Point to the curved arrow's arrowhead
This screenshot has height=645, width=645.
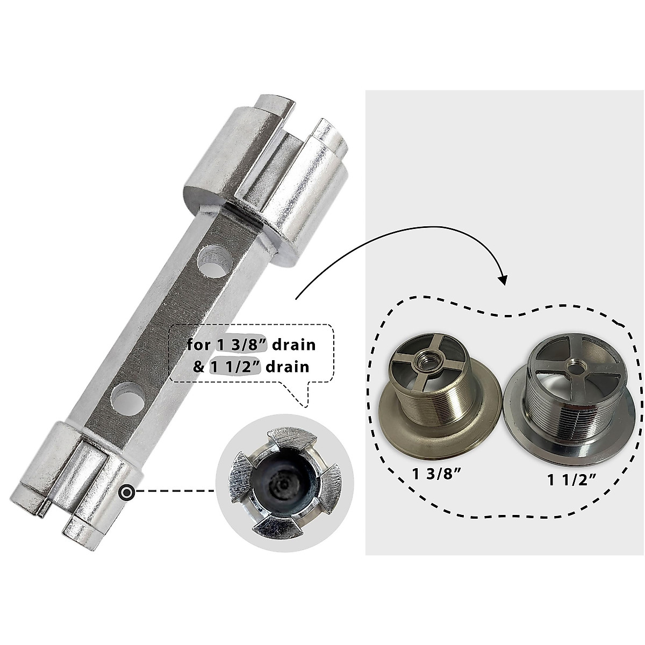(x=503, y=279)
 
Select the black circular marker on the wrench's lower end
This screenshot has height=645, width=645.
(x=127, y=491)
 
